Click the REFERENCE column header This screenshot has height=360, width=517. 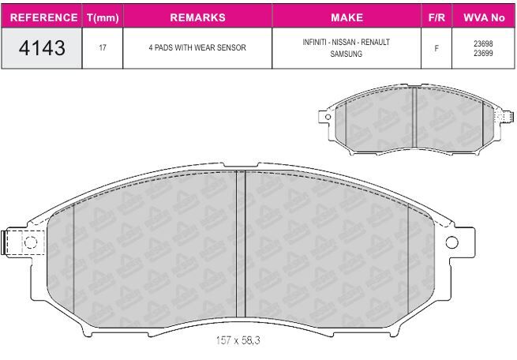point(44,17)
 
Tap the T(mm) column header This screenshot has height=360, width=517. point(103,17)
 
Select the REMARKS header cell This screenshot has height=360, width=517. point(198,17)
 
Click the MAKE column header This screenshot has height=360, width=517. point(347,17)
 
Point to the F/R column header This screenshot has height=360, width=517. point(436,17)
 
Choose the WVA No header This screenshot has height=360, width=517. point(484,17)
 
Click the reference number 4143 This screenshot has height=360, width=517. point(42,48)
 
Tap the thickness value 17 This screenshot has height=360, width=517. point(103,48)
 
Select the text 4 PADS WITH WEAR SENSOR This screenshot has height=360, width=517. point(197,48)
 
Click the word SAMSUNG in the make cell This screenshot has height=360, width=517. point(347,54)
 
